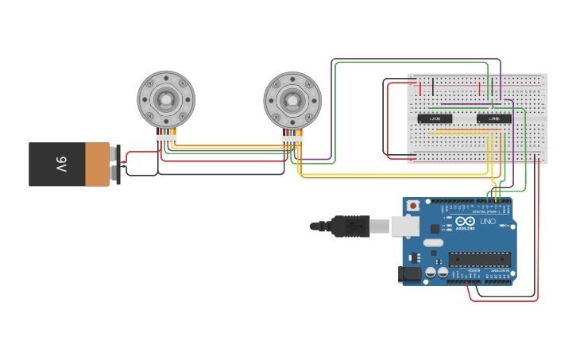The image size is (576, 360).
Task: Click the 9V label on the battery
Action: click(61, 165)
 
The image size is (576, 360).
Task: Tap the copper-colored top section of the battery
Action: click(97, 165)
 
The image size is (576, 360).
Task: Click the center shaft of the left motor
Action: click(166, 99)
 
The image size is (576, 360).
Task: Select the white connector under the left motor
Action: click(166, 139)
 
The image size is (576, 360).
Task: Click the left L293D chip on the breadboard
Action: click(435, 119)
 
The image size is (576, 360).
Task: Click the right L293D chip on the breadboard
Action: click(493, 119)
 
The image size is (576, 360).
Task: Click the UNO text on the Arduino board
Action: click(487, 222)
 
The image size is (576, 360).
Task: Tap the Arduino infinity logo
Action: click(466, 223)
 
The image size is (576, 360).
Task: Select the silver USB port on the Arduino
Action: click(405, 226)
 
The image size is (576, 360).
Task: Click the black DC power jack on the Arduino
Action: click(410, 274)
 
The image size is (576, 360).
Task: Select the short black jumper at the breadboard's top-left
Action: click(433, 85)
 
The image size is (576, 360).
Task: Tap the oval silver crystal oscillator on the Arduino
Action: click(432, 242)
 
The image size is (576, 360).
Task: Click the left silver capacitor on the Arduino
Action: click(431, 272)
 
